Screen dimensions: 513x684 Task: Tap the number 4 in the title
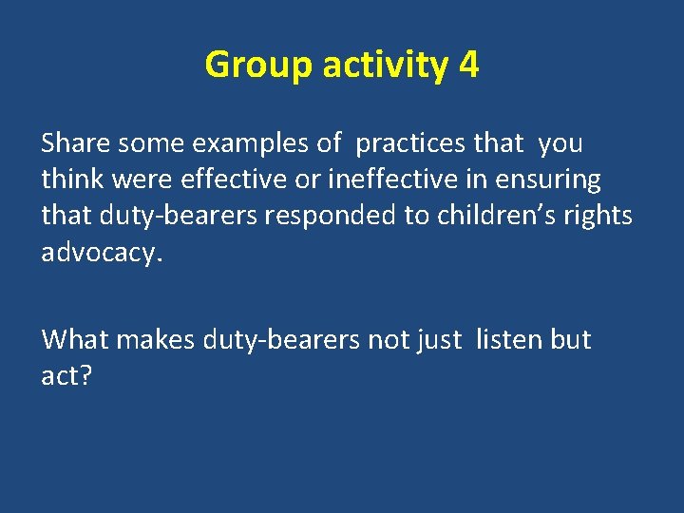click(x=467, y=66)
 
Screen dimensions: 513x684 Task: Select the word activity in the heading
click(x=385, y=66)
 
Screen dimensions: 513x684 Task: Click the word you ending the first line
click(x=560, y=144)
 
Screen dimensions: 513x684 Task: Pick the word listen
click(x=510, y=339)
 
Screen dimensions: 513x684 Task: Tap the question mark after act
click(x=87, y=375)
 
